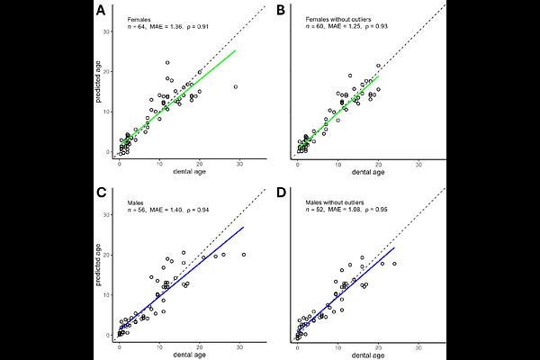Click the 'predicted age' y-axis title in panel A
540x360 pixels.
coord(97,83)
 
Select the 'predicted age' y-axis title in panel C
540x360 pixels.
coord(97,265)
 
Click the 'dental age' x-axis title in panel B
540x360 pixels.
coord(367,171)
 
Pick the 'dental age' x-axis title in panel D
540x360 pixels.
coord(367,354)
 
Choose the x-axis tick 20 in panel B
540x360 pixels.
coord(379,163)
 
